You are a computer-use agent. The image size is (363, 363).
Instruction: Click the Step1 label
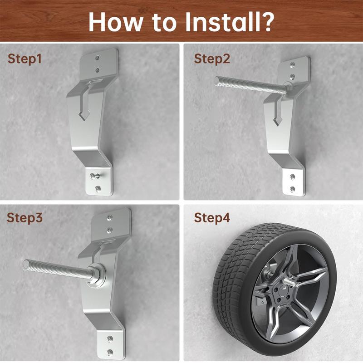tap(26, 59)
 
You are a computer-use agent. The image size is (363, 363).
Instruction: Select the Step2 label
tap(212, 59)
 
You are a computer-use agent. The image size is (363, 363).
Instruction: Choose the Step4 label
tap(212, 218)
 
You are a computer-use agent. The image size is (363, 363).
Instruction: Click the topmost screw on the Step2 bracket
tap(293, 65)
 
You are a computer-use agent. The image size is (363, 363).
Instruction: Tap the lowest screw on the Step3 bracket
tap(109, 352)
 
